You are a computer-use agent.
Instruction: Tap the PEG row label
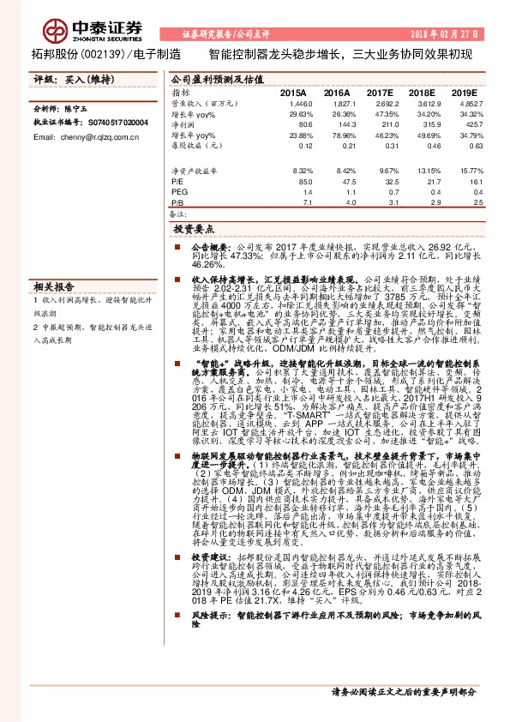(x=178, y=193)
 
